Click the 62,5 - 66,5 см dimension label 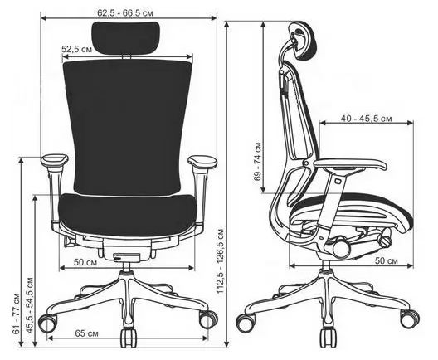coord(125,12)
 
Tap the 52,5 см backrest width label coord(76,49)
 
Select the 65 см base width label coord(86,333)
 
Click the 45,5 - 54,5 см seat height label coord(30,305)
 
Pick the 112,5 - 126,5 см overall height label coord(221,261)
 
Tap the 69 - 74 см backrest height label coord(257,162)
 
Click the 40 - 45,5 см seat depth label coord(366,119)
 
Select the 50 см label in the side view coord(387,260)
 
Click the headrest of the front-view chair coord(126,37)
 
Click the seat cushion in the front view coord(129,214)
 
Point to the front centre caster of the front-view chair coord(129,338)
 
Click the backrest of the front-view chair coord(128,128)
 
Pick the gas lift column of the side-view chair coord(326,265)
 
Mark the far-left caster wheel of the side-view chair coord(246,323)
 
